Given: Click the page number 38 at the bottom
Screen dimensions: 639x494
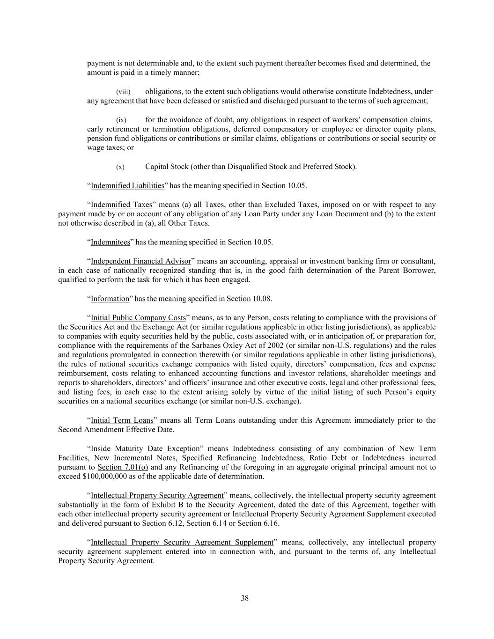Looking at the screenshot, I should point(244,598).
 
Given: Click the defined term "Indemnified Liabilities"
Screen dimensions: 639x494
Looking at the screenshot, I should point(127,186).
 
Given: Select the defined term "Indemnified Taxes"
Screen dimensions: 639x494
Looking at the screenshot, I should point(121,205).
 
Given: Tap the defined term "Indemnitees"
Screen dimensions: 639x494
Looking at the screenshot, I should point(111,242).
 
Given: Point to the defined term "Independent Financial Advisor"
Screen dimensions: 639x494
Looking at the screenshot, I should point(141,261).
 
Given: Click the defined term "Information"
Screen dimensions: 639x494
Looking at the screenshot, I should point(110,299).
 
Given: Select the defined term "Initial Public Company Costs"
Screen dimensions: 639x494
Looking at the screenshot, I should point(138,317).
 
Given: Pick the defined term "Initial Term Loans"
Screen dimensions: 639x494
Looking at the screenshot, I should point(122,420).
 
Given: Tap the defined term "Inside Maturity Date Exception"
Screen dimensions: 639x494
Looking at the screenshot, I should point(145,448).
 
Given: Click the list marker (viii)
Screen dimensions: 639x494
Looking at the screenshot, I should point(123,92).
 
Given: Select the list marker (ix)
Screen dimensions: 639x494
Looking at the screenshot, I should point(121,120).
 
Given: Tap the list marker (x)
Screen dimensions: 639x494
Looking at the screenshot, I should point(120,167).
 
